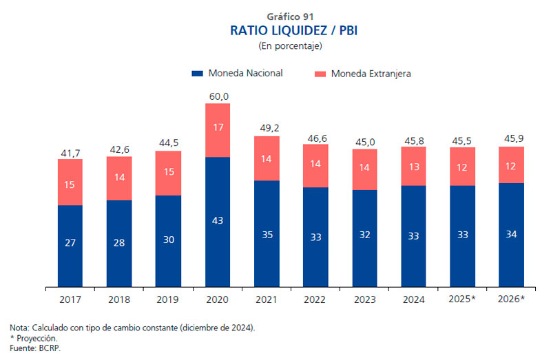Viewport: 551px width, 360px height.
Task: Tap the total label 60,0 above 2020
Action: (x=218, y=96)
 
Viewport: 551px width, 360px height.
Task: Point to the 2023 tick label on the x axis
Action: (x=366, y=299)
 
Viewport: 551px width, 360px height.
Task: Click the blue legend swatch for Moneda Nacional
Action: (x=197, y=73)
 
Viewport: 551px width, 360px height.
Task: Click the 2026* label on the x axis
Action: (x=512, y=299)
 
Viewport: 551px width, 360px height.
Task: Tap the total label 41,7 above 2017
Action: (x=70, y=152)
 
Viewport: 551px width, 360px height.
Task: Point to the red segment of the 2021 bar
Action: (x=267, y=158)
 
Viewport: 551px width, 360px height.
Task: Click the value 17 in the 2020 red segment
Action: (x=218, y=127)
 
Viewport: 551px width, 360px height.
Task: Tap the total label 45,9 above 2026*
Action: (x=512, y=139)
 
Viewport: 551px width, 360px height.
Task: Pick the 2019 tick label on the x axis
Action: (x=169, y=299)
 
